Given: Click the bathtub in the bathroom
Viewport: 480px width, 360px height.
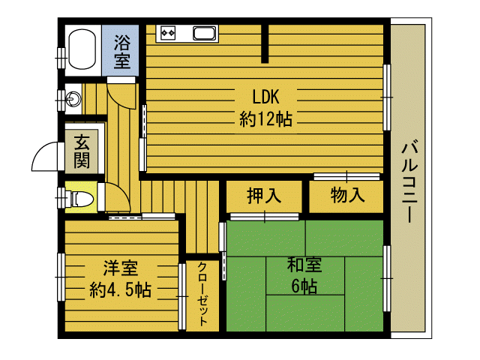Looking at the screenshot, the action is (x=82, y=49).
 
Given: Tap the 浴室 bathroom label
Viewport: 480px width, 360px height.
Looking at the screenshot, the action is (x=122, y=52).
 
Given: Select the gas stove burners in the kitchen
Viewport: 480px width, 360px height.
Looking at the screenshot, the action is (x=168, y=32).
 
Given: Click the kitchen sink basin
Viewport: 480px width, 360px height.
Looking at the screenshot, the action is (x=204, y=33).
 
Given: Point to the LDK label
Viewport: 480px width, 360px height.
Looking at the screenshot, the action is (x=265, y=97).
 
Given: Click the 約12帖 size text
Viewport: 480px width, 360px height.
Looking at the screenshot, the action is (x=265, y=118).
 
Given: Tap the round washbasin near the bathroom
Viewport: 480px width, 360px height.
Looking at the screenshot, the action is (x=73, y=99).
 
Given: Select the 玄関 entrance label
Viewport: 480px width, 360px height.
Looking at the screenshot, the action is (x=82, y=151).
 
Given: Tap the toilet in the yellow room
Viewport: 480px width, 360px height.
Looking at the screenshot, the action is (x=81, y=199).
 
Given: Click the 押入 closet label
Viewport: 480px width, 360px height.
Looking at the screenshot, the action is (x=264, y=195).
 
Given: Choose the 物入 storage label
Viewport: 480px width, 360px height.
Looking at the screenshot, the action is (x=347, y=195).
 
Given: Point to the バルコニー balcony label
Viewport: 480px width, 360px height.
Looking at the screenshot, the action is (x=409, y=181).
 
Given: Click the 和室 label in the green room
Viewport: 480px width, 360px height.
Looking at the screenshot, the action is (x=304, y=265).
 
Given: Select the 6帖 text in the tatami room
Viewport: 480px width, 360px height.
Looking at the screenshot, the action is (x=304, y=286).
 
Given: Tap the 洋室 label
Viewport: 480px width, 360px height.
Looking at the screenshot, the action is (x=121, y=268).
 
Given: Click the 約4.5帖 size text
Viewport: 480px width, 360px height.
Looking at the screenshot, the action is (x=121, y=289).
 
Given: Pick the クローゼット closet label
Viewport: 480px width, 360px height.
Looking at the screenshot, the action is (x=202, y=294).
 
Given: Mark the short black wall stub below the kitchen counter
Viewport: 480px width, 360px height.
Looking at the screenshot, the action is (x=265, y=43).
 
